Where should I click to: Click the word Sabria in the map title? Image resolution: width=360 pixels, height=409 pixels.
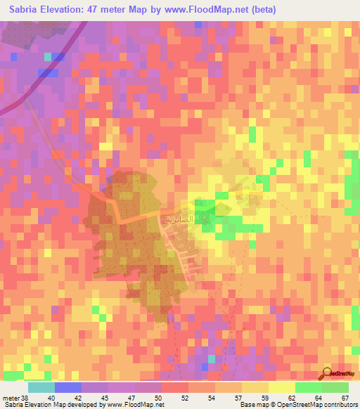click(x=30, y=10)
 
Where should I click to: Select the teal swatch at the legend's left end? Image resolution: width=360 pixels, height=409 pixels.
click(x=41, y=387)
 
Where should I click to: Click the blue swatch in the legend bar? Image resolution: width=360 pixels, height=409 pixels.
click(x=68, y=387)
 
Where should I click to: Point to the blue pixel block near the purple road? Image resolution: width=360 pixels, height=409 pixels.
click(x=47, y=72)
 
